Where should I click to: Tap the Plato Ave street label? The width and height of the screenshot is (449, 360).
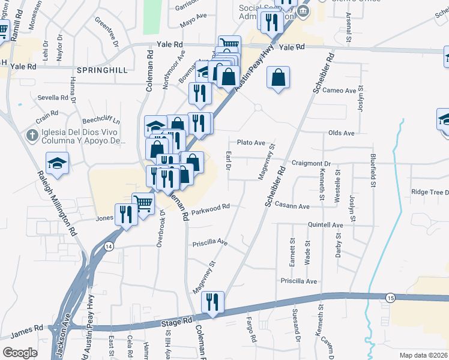click(251, 143)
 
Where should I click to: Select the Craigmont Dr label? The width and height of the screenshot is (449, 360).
click(311, 163)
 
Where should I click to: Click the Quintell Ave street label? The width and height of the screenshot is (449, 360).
click(325, 225)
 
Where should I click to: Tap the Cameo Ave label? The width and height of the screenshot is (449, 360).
click(339, 91)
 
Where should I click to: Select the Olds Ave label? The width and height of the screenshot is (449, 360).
click(341, 133)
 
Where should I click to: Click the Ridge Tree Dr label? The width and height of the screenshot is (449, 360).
click(430, 193)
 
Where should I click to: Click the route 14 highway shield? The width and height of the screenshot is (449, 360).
click(109, 246)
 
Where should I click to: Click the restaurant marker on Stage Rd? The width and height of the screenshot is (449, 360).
click(212, 301)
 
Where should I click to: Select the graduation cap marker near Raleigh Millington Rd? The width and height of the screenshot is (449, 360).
click(58, 163)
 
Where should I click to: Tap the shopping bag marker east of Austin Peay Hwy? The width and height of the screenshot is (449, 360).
click(279, 77)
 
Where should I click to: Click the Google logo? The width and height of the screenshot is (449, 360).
click(20, 352)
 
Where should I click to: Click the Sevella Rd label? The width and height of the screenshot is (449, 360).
click(53, 97)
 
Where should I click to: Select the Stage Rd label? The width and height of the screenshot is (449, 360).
click(175, 324)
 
